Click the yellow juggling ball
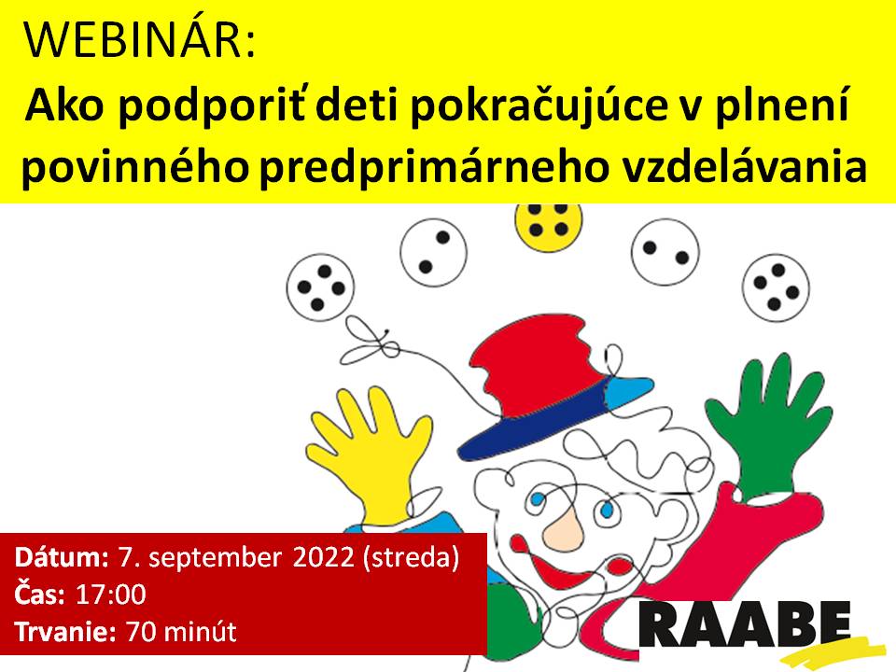[x=549, y=224]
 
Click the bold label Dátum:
[x=62, y=557]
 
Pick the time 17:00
[x=111, y=595]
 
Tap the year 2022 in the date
[x=324, y=557]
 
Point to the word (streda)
[x=411, y=558]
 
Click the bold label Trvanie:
[x=65, y=632]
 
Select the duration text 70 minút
[x=181, y=632]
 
